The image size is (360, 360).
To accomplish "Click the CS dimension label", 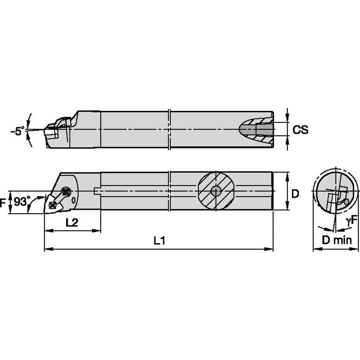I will coord(300,130).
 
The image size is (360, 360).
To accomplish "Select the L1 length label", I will coord(159,241).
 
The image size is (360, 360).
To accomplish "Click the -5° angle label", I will coord(17,132).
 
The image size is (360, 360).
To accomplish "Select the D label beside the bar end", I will coord(295,193).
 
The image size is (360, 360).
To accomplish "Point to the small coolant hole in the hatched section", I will coord(216,191).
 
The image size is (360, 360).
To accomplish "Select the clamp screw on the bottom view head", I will coord(65,192).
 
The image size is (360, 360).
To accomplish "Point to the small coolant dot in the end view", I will coord(347,202).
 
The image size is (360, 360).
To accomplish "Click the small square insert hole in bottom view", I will coord(52,205).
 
